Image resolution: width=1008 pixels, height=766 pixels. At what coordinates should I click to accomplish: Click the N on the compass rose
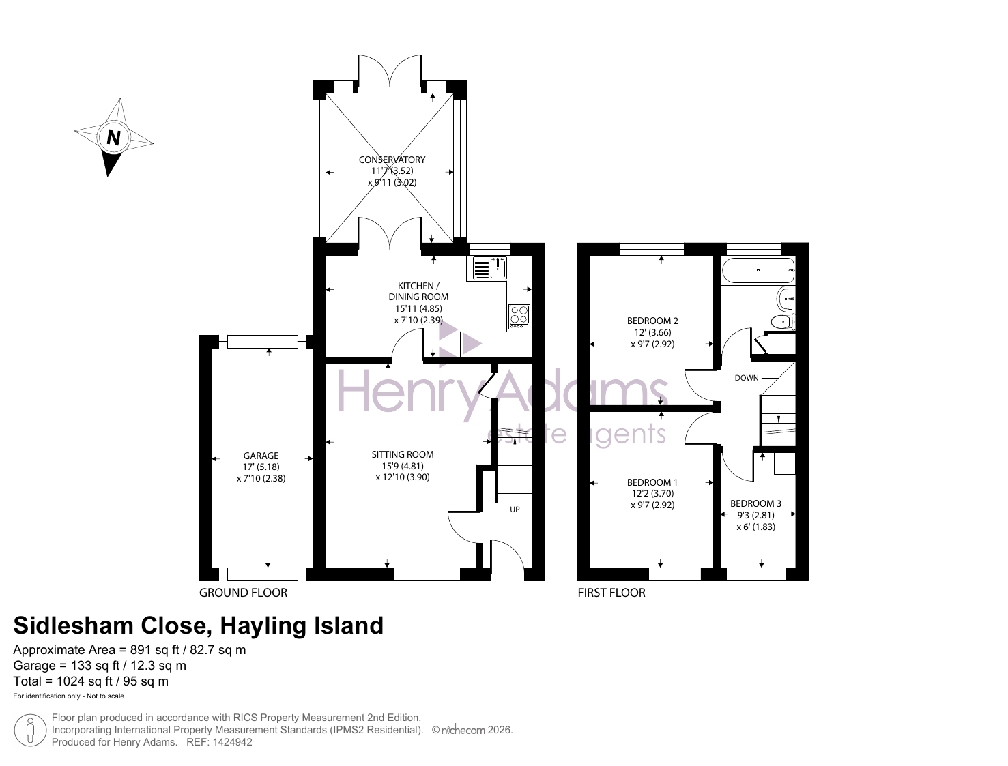coord(113,137)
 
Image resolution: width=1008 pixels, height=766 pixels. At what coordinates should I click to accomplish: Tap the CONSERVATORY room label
coord(392,160)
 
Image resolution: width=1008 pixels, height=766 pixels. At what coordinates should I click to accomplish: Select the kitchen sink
coord(489,269)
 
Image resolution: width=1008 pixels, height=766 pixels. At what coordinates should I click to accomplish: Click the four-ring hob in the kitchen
coord(519,316)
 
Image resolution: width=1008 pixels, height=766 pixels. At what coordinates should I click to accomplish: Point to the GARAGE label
coord(261,456)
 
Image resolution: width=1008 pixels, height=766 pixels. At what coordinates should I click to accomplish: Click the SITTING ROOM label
coord(402,454)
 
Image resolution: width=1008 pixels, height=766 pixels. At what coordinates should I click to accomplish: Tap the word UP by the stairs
coord(515,510)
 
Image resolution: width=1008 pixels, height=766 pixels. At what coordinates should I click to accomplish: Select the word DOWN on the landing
coord(747,378)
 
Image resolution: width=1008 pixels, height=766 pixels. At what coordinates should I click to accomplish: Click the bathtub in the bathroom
coord(758,270)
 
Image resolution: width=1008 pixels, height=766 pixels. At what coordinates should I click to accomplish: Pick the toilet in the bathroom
coord(783,322)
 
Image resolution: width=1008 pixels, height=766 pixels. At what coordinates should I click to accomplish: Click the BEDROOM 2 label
coord(652,321)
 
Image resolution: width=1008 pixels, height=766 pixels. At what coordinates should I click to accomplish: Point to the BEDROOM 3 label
coord(755,503)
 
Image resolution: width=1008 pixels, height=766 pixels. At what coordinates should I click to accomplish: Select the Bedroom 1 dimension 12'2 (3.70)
coord(652,494)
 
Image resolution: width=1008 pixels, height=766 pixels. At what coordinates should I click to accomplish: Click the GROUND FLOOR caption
coord(243,593)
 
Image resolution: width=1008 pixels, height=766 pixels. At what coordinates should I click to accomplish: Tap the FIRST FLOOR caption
coord(611,593)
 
